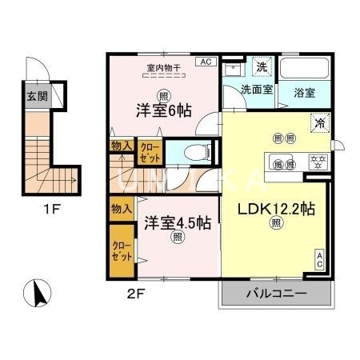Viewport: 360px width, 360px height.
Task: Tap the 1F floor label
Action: point(50,211)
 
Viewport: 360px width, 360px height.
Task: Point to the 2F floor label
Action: point(135,293)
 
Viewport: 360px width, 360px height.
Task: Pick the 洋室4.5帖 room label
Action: point(178,221)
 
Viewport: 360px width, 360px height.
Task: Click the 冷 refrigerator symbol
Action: point(318,123)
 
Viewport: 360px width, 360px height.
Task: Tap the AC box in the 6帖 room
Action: point(205,62)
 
